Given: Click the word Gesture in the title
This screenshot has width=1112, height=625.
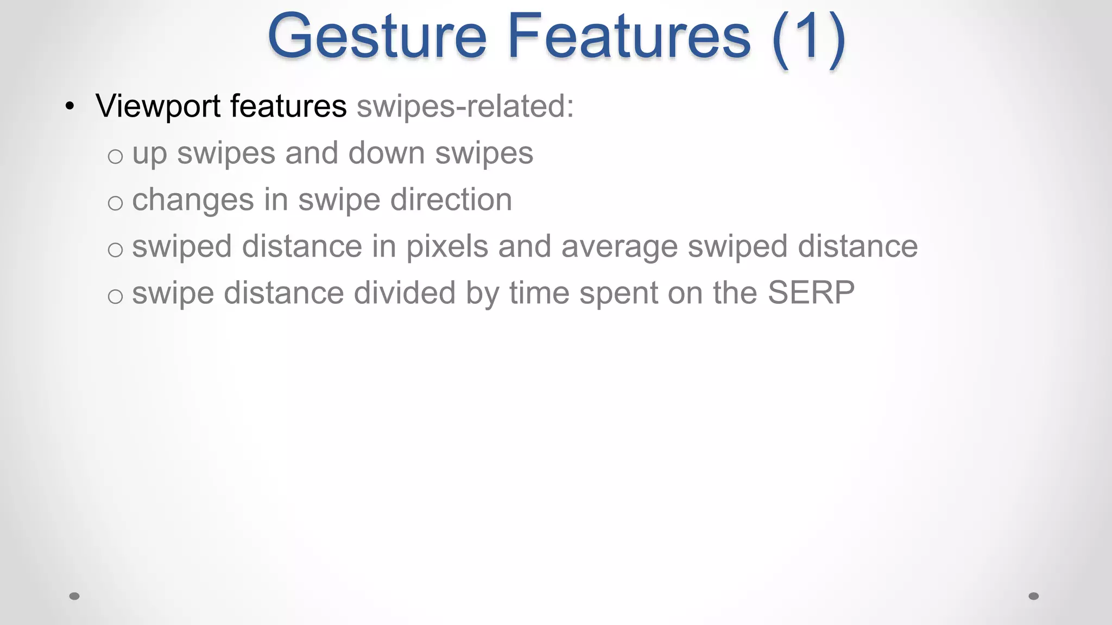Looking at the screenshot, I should (377, 37).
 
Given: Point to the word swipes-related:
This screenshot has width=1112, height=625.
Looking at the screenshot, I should (465, 106).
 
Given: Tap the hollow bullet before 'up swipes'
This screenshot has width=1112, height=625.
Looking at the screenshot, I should (115, 157).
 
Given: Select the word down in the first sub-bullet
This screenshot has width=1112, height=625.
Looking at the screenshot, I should (386, 153).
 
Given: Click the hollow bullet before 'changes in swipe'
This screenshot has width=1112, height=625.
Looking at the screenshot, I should (115, 203).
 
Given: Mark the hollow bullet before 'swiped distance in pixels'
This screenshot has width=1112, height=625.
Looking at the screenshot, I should (115, 250).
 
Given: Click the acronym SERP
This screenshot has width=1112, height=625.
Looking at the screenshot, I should (811, 293).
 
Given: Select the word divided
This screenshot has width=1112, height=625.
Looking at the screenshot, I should (404, 293).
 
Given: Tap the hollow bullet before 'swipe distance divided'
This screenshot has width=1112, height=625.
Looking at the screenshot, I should (115, 297).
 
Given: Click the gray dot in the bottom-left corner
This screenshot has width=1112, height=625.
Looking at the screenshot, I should (74, 596).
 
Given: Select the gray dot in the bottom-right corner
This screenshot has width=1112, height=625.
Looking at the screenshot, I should (1034, 596).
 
